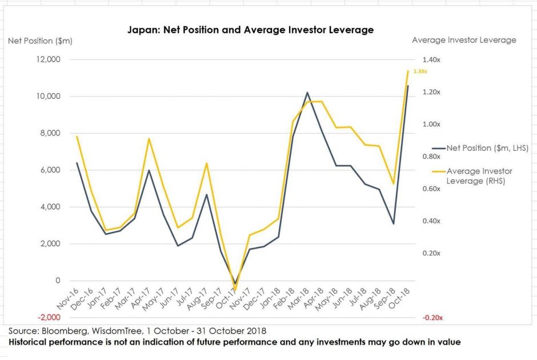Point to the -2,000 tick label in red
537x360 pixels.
click(47, 317)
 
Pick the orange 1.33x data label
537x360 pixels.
click(420, 71)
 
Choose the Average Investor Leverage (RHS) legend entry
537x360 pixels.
click(479, 175)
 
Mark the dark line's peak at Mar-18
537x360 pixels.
click(307, 93)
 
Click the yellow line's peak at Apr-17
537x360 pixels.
click(149, 138)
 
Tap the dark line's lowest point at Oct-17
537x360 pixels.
click(235, 283)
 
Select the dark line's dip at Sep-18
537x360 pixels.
click(393, 223)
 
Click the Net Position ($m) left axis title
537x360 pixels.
click(40, 41)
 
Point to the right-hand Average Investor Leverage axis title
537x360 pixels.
click(464, 40)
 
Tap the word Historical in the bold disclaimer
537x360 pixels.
click(30, 342)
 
